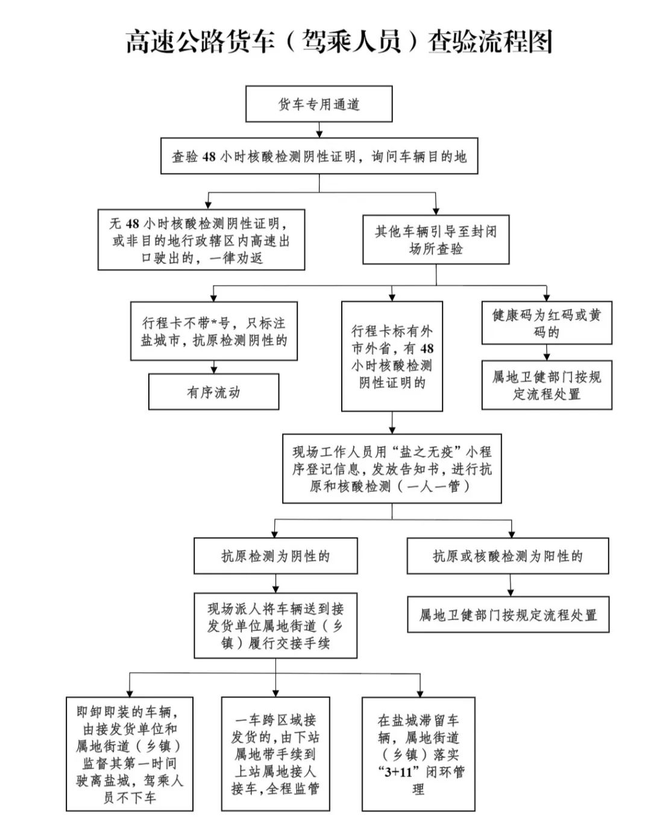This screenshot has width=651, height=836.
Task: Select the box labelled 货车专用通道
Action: [x=319, y=104]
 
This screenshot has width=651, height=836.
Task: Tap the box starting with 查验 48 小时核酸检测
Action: [x=319, y=157]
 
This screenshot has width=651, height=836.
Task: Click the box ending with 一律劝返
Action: [x=201, y=239]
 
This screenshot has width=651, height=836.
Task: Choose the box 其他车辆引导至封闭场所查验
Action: [x=436, y=239]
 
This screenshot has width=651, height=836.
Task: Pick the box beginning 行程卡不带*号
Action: [x=214, y=332]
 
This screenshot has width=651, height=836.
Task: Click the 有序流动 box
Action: [x=213, y=392]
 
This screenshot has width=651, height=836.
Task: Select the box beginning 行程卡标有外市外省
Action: [x=392, y=356]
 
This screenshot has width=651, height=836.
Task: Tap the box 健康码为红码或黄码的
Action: [x=547, y=323]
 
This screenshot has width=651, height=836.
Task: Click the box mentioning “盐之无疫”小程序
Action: [x=392, y=468]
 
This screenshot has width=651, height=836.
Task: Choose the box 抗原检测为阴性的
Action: [x=275, y=556]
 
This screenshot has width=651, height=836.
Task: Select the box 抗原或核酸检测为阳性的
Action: [x=508, y=556]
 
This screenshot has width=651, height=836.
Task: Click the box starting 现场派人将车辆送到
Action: [x=275, y=625]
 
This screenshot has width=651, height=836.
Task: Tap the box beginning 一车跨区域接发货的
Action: [x=275, y=753]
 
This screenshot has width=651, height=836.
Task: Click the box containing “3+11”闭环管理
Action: [x=418, y=753]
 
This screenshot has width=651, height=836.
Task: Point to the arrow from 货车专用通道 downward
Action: [x=319, y=130]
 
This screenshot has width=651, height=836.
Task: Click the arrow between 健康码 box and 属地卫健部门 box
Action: [x=547, y=352]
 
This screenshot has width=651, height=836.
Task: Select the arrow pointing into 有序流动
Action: [x=213, y=366]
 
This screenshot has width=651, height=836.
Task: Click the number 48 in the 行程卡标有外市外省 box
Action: [x=426, y=348]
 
